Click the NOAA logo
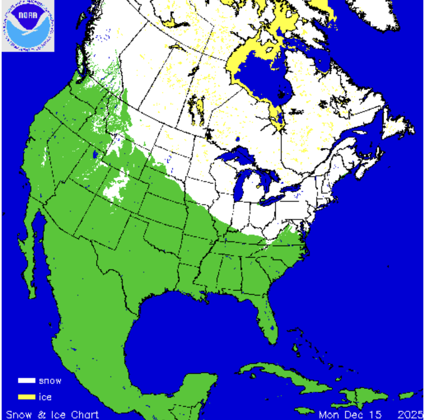(x=28, y=26)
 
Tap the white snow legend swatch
(x=26, y=380)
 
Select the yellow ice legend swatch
(x=26, y=397)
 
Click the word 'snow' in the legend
(x=50, y=381)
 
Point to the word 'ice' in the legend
(x=45, y=397)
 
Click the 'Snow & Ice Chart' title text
(x=52, y=414)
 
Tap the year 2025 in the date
(x=410, y=414)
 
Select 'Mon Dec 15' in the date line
(x=350, y=414)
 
